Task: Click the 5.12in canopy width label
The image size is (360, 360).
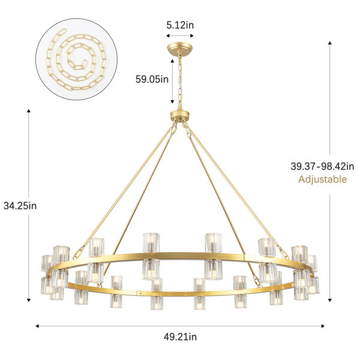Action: [180, 25]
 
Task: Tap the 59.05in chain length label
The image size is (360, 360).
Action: [152, 79]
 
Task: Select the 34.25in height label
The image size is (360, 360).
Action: [20, 206]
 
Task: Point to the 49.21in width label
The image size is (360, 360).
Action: [180, 337]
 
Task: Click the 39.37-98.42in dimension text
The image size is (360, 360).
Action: [322, 166]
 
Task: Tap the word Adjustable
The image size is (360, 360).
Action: [323, 179]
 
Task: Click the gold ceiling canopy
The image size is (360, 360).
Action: [180, 49]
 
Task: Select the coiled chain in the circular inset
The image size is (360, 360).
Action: [76, 59]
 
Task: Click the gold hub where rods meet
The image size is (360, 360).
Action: [180, 116]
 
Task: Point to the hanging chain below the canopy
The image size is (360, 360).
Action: [180, 82]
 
